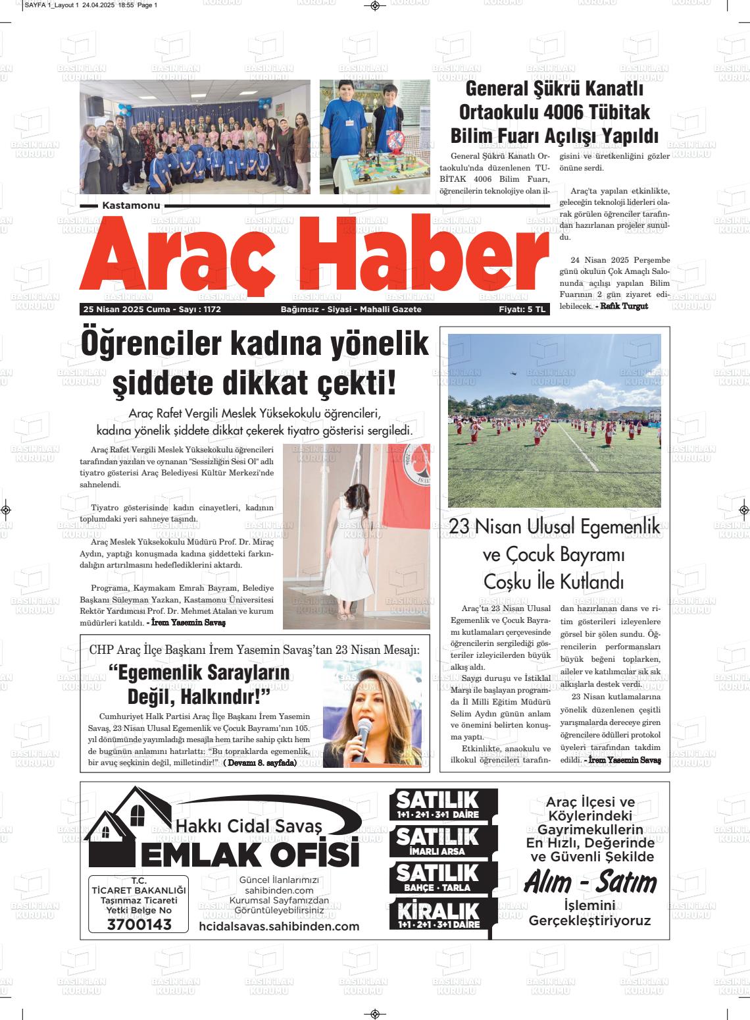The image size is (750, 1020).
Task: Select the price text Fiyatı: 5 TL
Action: click(522, 309)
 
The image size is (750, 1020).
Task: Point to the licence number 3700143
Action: click(139, 925)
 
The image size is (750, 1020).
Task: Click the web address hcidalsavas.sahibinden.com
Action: click(279, 926)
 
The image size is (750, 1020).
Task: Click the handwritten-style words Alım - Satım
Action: click(590, 882)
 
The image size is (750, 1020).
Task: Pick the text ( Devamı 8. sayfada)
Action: click(260, 763)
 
